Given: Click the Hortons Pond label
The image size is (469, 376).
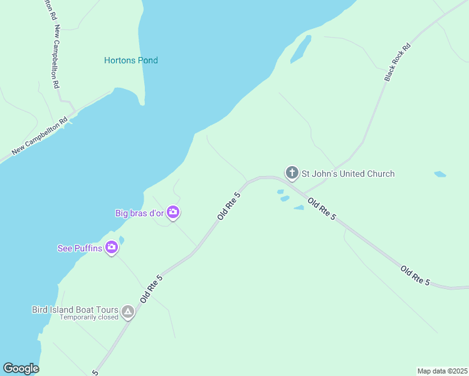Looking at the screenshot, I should [x=130, y=60].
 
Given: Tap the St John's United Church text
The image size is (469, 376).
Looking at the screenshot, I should [x=348, y=174].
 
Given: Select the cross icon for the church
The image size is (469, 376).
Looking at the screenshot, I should [x=292, y=172].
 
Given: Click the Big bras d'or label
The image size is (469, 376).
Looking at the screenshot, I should [x=139, y=213].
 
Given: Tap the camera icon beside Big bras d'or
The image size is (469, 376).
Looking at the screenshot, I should [x=174, y=213].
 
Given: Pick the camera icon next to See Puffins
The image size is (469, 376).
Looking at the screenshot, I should [x=112, y=248].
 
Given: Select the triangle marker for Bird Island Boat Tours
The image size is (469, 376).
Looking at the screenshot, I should [x=128, y=311].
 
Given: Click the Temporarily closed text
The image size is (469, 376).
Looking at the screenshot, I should [x=89, y=318].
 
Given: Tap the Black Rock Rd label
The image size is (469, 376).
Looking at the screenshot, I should [x=397, y=62].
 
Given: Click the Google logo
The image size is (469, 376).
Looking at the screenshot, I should [x=21, y=368].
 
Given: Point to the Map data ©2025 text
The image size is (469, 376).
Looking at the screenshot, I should [x=442, y=371].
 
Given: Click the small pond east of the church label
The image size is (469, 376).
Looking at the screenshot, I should [x=440, y=174].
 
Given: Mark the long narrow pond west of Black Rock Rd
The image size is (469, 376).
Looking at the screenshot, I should [x=300, y=49].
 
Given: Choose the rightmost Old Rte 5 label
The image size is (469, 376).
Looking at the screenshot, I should [x=416, y=276].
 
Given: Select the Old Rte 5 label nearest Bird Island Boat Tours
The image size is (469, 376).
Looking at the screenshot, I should [x=152, y=288].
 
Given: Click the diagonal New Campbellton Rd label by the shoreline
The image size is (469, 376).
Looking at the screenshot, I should [x=40, y=138].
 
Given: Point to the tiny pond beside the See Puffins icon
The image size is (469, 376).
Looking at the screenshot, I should [x=121, y=239].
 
